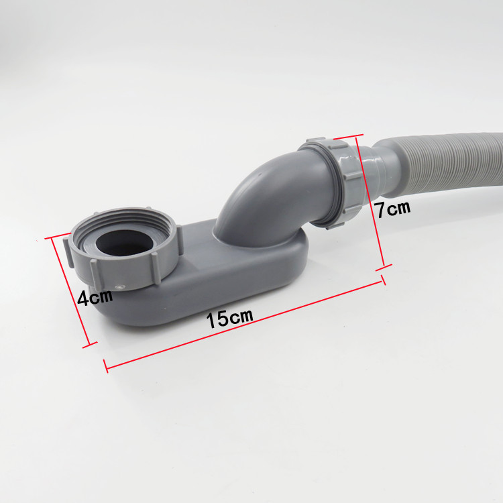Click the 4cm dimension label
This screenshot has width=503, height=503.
[x=95, y=297]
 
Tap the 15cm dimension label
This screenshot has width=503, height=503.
[x=229, y=318]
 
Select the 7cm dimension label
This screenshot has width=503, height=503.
[x=393, y=209]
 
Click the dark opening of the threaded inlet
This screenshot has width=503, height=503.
[x=124, y=243]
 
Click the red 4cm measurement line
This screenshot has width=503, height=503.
[x=70, y=290]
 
